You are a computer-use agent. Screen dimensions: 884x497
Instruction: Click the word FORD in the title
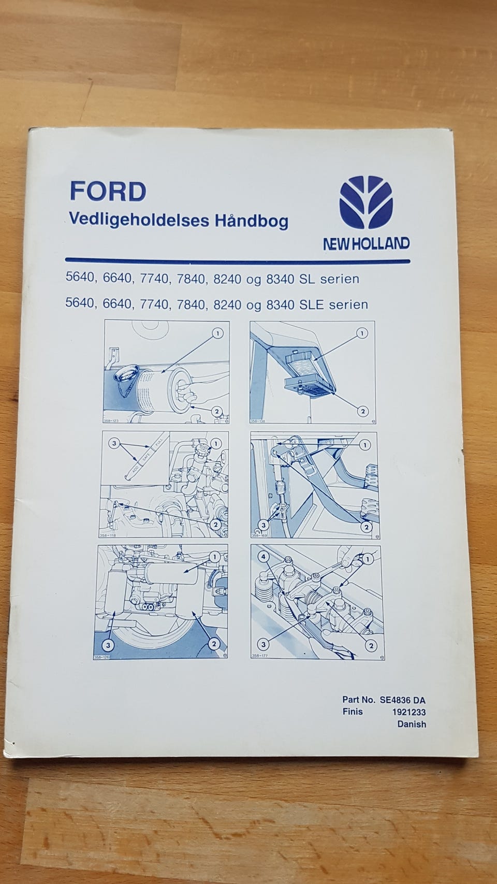pyautogui.click(x=108, y=192)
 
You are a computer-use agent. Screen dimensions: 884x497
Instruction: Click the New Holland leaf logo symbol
pyautogui.click(x=366, y=202)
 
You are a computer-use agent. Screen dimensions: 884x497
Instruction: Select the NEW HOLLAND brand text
pyautogui.click(x=366, y=243)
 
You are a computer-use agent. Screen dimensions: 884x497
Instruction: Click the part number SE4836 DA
pyautogui.click(x=402, y=700)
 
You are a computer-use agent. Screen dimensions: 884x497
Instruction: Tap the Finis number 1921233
pyautogui.click(x=409, y=712)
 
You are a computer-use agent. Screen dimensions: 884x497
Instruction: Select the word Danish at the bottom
pyautogui.click(x=412, y=724)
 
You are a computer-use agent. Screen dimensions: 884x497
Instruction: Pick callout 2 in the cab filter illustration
pyautogui.click(x=363, y=411)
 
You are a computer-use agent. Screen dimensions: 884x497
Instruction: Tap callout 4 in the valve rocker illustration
pyautogui.click(x=264, y=557)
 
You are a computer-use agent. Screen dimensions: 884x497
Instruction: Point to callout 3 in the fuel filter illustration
pyautogui.click(x=108, y=645)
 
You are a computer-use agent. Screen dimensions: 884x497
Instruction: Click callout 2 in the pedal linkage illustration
pyautogui.click(x=366, y=527)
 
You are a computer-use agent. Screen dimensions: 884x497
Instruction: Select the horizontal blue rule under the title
pyautogui.click(x=237, y=261)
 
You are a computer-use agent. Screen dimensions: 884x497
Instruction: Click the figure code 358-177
pyautogui.click(x=259, y=656)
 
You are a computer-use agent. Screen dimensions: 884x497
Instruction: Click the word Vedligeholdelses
pyautogui.click(x=139, y=220)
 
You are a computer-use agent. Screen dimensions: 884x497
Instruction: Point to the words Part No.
pyautogui.click(x=359, y=700)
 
